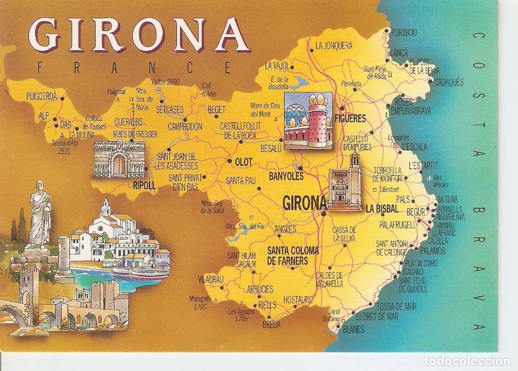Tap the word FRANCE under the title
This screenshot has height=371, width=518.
133,67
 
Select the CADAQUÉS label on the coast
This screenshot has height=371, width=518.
449,82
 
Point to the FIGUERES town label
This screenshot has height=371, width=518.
350,119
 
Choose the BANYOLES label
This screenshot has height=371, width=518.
286,175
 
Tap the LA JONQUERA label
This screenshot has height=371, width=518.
334,45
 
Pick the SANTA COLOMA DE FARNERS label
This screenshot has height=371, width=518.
293,255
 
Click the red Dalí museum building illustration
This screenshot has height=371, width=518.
307,120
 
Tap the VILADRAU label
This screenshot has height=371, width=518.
210,279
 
